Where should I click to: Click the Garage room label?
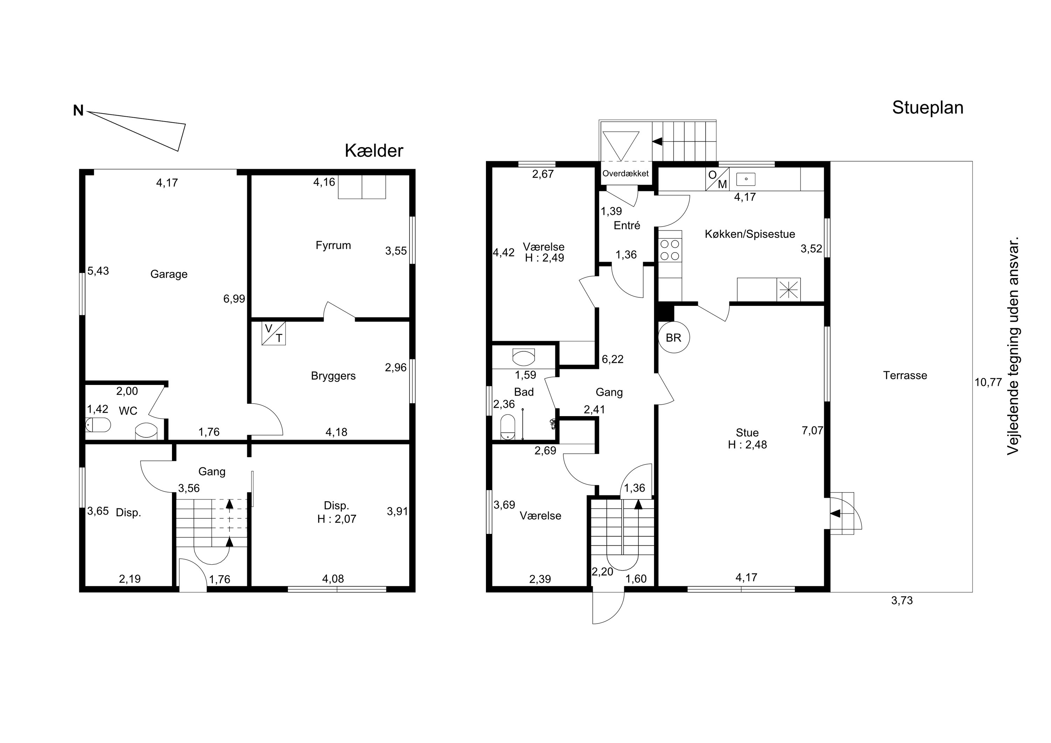click(x=169, y=274)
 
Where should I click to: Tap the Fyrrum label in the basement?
click(x=333, y=245)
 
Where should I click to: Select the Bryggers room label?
click(x=333, y=376)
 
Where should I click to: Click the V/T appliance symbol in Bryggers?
click(x=274, y=333)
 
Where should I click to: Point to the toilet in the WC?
click(x=98, y=425)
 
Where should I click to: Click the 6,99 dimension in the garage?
click(x=234, y=299)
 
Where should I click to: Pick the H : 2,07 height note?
click(x=336, y=519)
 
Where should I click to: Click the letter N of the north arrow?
click(x=78, y=111)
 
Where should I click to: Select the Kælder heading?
click(x=374, y=151)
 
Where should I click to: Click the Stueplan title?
click(x=928, y=108)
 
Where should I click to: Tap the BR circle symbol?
click(x=674, y=337)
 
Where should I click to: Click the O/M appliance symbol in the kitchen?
click(x=717, y=179)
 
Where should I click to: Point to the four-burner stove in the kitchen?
click(x=670, y=250)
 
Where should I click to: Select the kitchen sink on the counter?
click(x=746, y=179)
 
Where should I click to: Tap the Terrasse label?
click(x=905, y=376)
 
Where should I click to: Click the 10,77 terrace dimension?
click(x=988, y=382)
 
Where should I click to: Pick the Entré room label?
click(x=627, y=225)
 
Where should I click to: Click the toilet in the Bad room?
click(x=508, y=427)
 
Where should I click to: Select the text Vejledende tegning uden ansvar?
click(x=1013, y=346)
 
